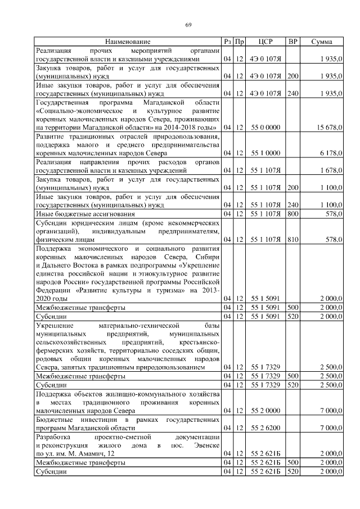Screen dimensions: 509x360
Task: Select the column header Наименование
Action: click(128, 42)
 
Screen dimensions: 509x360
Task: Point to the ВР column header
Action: click(292, 42)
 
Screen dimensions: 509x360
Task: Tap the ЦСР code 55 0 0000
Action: click(265, 128)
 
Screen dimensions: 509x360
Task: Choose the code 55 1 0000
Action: click(265, 153)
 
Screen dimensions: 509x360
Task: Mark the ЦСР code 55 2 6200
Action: click(265, 428)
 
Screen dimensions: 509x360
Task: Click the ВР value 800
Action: click(292, 214)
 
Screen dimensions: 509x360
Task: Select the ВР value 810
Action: click(292, 240)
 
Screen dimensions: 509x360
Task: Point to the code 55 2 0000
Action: click(265, 411)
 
